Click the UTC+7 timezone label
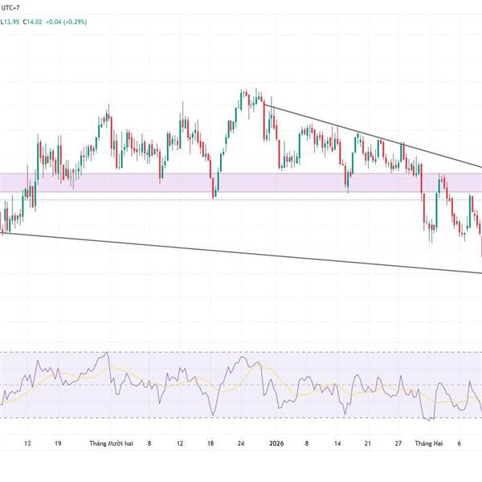[x=11, y=6]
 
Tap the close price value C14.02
[x=35, y=22]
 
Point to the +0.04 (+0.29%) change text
[x=67, y=22]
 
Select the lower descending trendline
[x=241, y=254]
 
